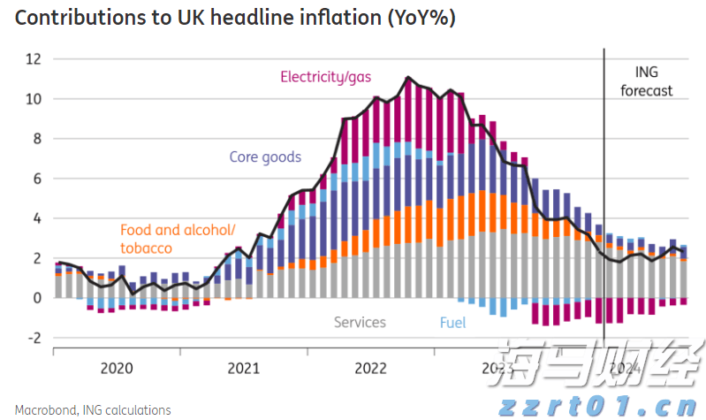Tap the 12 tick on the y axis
tap(34, 59)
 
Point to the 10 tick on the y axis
tap(34, 99)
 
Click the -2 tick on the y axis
tap(34, 338)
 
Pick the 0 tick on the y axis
tap(37, 298)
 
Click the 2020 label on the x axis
tap(117, 368)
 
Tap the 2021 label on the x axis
tap(244, 368)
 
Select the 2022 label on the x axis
tap(371, 368)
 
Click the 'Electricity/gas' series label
tap(325, 77)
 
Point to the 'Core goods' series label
tap(265, 157)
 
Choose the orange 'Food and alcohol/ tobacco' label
tap(177, 239)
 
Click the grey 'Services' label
tap(360, 322)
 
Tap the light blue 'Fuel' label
tap(452, 322)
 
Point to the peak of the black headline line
tap(408, 78)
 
